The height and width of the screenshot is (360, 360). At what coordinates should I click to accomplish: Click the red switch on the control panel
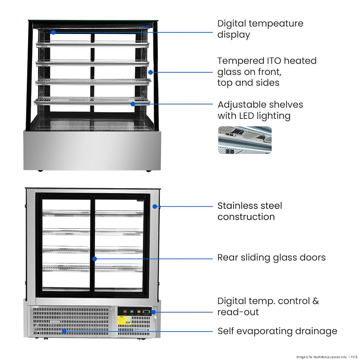[x=124, y=311]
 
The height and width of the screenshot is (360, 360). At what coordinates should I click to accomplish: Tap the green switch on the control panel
[x=132, y=311]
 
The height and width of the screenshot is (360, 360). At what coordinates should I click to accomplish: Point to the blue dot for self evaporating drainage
[x=64, y=331]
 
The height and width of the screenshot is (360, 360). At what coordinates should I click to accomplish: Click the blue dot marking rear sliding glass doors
[x=95, y=259]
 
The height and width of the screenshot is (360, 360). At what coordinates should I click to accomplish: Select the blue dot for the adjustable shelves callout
[x=133, y=104]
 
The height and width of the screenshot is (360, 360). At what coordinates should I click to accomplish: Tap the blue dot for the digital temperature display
[x=53, y=32]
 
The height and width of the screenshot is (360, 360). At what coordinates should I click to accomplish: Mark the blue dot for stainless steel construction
[x=154, y=206]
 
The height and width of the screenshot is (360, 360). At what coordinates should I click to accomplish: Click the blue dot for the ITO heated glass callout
[x=150, y=72]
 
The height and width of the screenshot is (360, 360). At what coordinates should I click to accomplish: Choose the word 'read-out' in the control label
[x=238, y=312]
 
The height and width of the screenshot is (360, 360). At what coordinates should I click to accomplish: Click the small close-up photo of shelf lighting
[x=245, y=140]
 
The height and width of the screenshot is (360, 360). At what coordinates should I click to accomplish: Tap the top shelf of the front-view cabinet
[x=92, y=44]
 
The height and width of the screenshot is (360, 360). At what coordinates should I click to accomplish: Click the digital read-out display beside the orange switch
[x=147, y=311]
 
